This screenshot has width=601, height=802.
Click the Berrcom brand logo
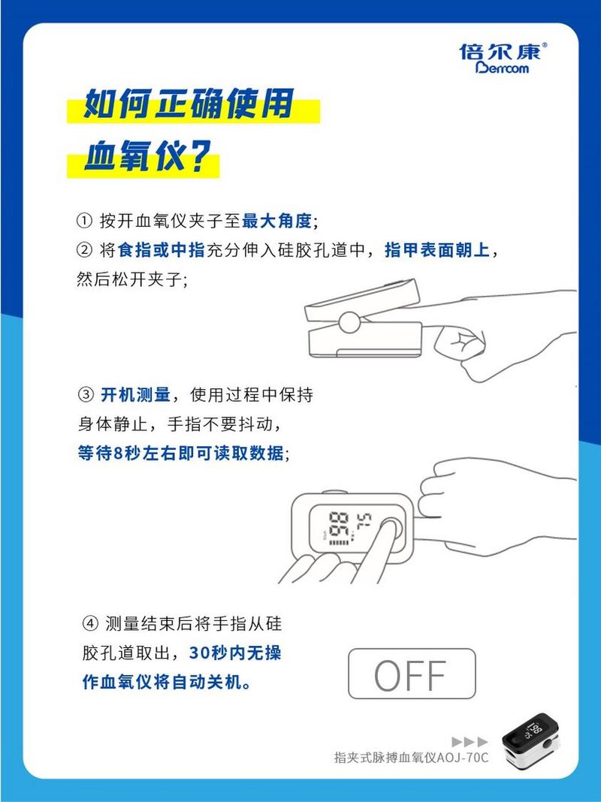coord(503,59)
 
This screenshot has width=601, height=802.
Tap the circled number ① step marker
coord(83,221)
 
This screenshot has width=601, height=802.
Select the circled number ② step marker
coord(83,250)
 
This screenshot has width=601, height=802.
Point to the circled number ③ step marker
coord(86,395)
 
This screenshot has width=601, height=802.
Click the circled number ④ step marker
coord(90,623)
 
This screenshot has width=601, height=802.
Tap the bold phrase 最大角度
coord(276,221)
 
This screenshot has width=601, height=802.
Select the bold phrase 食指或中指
coord(162,250)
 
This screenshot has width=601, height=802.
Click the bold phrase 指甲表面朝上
coord(437,250)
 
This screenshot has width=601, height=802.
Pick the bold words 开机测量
coord(135,395)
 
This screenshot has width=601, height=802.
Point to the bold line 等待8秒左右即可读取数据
coord(180,453)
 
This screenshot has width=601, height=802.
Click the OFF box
coord(412,674)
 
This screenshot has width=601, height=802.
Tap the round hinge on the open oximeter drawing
coord(349,322)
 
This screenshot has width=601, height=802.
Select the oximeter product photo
coord(530,740)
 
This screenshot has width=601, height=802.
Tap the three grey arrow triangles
coord(470,742)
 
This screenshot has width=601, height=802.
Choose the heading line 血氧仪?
coord(147,156)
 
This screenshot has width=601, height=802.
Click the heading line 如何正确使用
coord(189,104)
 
